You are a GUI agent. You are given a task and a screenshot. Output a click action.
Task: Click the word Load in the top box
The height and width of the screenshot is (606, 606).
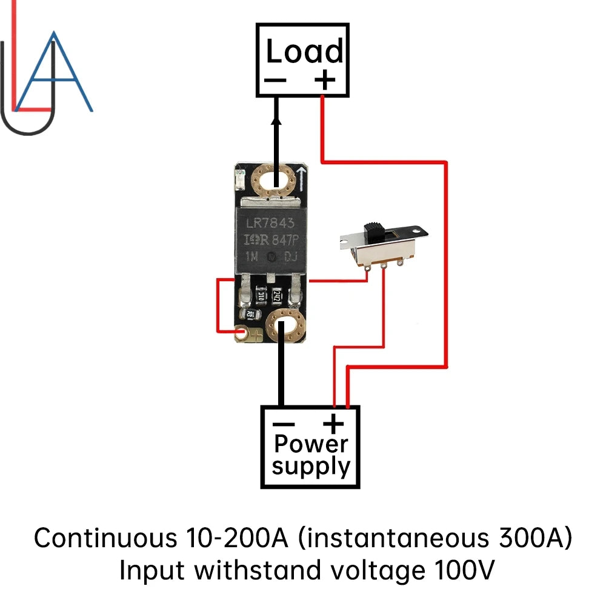pos(304,52)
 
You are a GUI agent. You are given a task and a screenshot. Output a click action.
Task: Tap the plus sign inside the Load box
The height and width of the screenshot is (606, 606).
pos(325,79)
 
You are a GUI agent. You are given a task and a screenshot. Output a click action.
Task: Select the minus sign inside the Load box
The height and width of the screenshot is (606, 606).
pos(276,80)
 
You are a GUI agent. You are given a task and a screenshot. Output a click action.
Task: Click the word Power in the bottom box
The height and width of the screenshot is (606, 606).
pos(310,444)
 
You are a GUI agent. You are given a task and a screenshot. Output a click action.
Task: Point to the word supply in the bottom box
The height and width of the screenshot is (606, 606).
pos(311,466)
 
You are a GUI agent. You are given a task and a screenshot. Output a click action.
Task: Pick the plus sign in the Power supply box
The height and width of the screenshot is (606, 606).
pos(333,424)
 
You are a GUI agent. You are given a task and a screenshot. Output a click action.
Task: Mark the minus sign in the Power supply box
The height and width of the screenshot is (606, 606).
pos(283,424)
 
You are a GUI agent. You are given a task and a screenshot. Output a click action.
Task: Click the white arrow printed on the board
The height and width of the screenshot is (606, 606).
pos(301,178)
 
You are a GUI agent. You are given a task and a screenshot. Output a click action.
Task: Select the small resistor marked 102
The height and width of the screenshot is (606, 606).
pos(250,314)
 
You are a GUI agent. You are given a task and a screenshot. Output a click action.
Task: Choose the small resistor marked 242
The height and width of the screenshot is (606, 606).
pos(276,296)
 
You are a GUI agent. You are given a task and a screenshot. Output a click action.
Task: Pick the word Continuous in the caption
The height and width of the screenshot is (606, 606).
pos(100,537)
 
